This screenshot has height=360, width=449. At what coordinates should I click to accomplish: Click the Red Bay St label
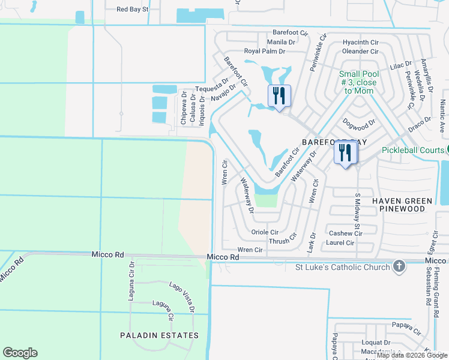tap(132, 9)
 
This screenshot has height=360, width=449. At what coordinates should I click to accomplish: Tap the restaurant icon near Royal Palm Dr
tap(279, 95)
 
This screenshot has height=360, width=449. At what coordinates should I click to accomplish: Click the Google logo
tap(20, 353)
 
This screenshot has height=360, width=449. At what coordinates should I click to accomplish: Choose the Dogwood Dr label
tap(358, 123)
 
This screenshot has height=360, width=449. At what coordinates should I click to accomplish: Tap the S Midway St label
tap(357, 214)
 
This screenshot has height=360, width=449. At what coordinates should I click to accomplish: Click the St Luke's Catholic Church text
tap(343, 267)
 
